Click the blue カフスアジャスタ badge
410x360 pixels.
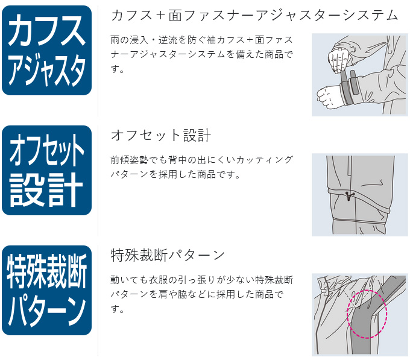47,51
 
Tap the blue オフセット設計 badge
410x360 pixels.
47,171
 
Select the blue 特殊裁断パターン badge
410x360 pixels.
47,291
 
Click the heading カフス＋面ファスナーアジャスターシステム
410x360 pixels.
254,15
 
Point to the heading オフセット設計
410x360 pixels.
161,135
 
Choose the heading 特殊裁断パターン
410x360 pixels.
168,255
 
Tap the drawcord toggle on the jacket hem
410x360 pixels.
348,196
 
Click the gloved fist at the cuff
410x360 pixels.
330,96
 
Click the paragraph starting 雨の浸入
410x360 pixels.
202,54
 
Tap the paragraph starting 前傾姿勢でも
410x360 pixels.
202,167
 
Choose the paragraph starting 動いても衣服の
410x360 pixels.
202,294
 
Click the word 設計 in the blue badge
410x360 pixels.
46,190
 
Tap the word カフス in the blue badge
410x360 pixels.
47,30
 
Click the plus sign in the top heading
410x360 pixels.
161,16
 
